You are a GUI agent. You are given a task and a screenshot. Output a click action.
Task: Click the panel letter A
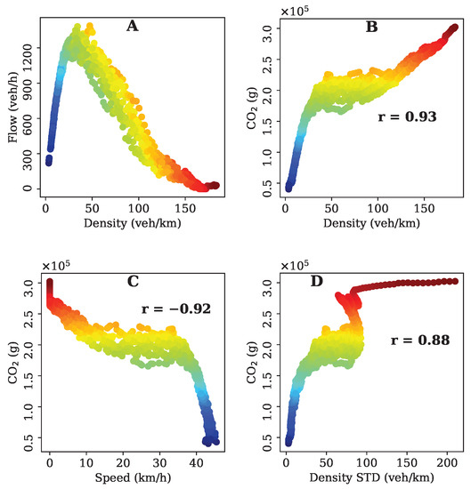click(133, 27)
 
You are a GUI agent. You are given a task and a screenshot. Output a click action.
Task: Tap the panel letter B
click(372, 27)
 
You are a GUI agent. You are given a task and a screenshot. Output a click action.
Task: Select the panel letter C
click(133, 283)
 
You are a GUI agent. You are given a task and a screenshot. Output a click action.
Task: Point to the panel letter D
click(372, 283)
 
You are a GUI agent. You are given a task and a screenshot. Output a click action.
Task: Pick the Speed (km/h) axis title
click(133, 477)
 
